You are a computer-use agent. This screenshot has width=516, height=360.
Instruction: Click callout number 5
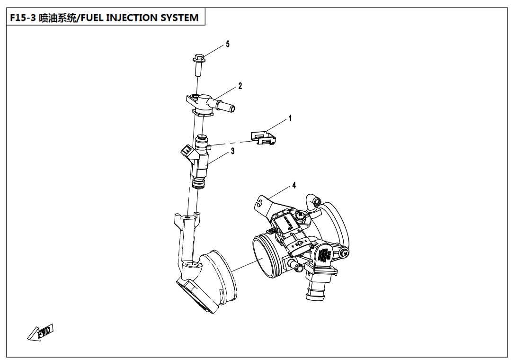228,44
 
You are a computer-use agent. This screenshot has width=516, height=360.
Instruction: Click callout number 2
240,86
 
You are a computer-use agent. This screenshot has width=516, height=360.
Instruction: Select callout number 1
290,118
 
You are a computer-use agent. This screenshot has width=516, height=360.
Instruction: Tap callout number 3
232,151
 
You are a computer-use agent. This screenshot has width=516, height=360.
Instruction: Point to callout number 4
294,185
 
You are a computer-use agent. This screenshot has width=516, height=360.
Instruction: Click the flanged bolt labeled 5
199,65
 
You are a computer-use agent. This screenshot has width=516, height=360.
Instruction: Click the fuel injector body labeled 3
202,161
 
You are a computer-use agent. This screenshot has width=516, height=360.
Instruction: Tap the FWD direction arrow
40,332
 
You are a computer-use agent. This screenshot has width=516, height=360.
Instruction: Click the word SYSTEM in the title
179,18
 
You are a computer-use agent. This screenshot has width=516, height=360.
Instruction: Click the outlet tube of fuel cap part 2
226,106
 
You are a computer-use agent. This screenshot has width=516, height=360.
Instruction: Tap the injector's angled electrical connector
187,152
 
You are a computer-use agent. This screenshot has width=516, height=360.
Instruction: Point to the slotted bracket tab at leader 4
261,202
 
